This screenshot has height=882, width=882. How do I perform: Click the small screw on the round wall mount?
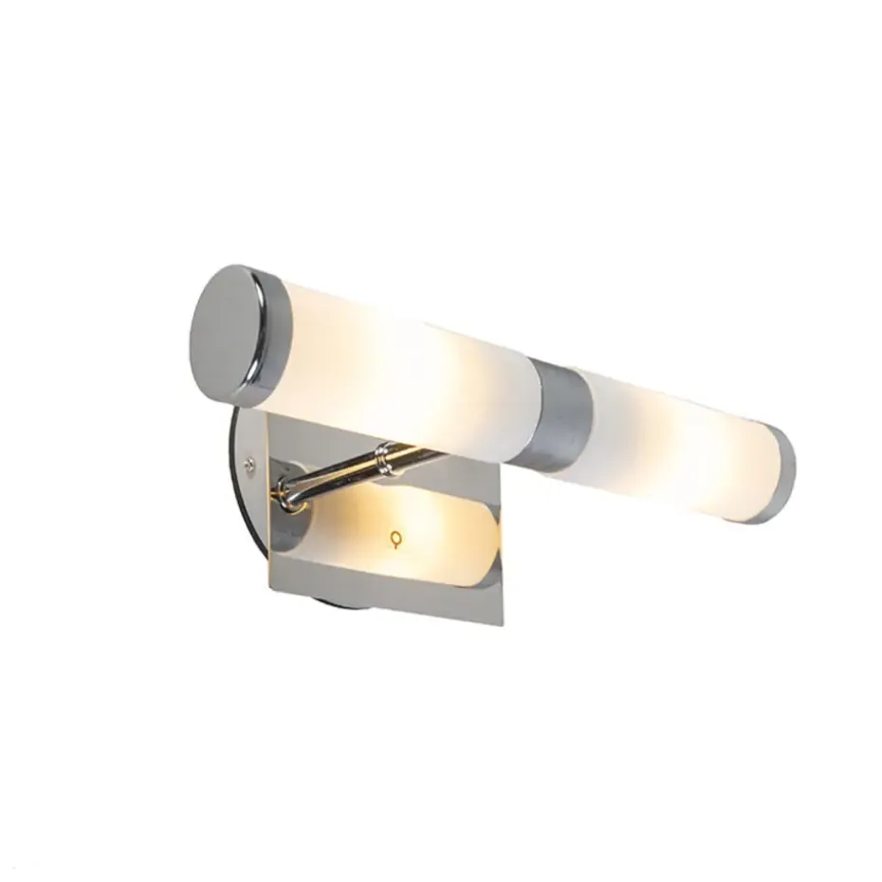coord(249,464)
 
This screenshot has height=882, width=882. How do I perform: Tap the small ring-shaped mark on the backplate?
coord(395,539)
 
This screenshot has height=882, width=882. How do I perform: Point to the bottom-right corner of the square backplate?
coord(500,623)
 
